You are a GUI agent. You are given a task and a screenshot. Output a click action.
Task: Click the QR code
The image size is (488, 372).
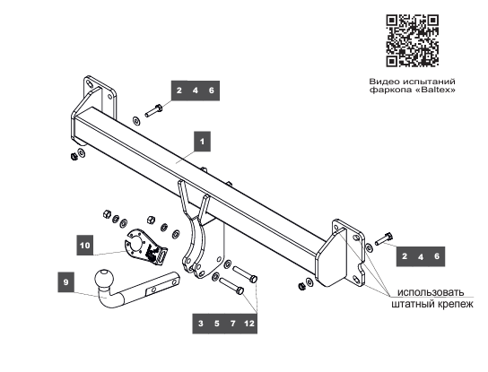point(413,40)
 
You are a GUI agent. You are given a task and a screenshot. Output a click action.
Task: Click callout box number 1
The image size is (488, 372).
point(203,142)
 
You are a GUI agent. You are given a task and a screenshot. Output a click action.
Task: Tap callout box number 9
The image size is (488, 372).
point(66,282)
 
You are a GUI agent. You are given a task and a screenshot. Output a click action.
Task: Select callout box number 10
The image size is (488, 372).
point(84,246)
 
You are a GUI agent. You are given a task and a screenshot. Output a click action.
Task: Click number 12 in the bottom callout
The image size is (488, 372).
point(249,324)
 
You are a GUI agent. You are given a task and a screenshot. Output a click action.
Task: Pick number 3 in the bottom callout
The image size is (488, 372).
point(201,324)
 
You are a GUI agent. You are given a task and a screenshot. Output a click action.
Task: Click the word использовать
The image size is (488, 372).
point(431,292)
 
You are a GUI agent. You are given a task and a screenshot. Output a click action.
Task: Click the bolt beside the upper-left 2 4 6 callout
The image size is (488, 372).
point(153,111)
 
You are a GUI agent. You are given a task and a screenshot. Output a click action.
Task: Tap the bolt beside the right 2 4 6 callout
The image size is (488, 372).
point(384,238)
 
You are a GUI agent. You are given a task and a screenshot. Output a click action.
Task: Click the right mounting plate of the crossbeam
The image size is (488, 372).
point(343,254)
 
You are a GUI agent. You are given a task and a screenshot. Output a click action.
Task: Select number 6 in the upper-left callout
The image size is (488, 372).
point(212,91)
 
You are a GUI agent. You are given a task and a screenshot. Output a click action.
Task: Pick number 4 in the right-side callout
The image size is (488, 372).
point(421,257)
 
